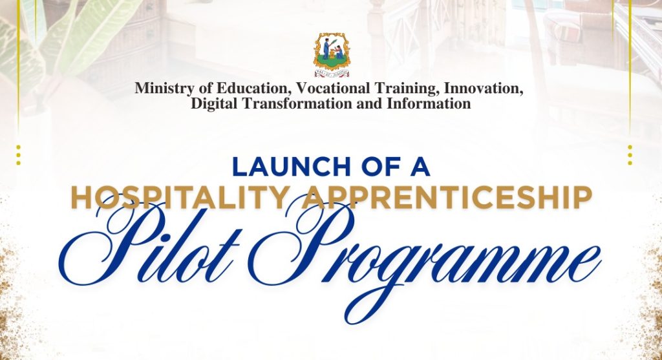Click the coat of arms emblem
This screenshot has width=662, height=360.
coord(332,55)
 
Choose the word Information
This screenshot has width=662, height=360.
coord(429,103)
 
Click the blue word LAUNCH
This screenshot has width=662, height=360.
coord(292,167)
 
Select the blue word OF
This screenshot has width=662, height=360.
coord(379,167)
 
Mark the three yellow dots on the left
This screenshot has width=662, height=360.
coord(18,155)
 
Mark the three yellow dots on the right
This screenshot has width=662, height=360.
coord(630,155)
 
